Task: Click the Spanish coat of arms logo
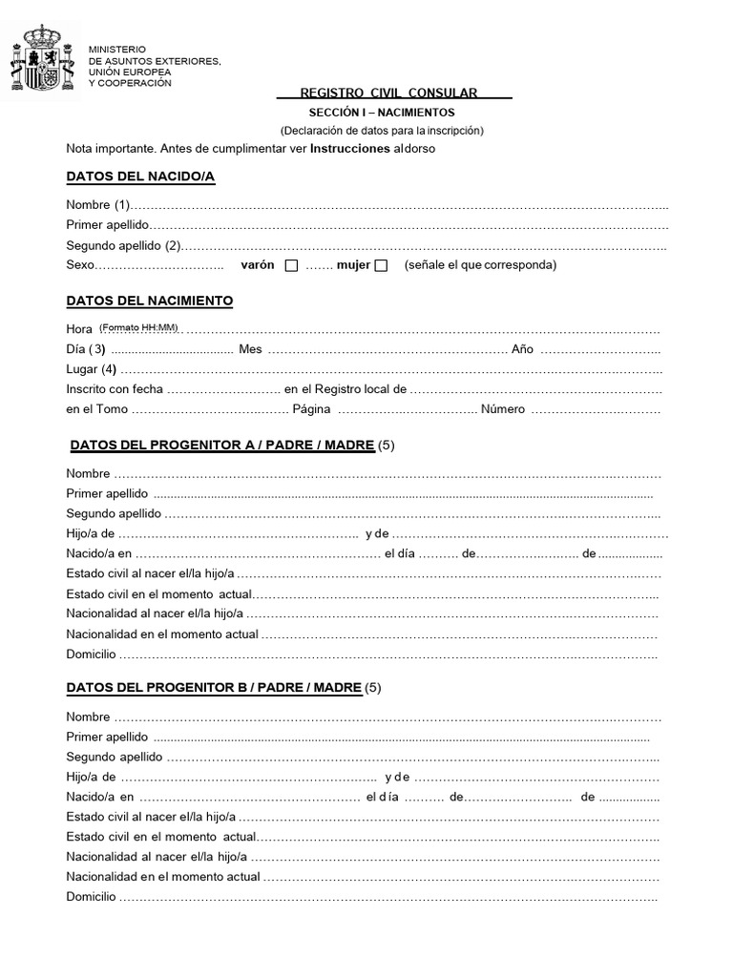[x=41, y=62]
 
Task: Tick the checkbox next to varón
[x=291, y=265]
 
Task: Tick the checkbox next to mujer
[x=381, y=265]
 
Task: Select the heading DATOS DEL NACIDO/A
[x=140, y=177]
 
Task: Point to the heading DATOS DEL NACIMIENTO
[x=150, y=301]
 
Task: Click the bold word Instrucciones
[x=350, y=149]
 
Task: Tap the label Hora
[x=79, y=329]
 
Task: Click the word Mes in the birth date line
[x=250, y=349]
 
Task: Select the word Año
[x=522, y=349]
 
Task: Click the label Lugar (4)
[x=92, y=369]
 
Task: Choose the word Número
[x=503, y=409]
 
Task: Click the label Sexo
[x=81, y=265]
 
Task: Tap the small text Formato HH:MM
[x=139, y=327]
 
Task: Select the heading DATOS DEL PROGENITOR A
[x=222, y=445]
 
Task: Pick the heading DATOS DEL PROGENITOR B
[x=214, y=687]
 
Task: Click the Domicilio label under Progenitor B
[x=91, y=897]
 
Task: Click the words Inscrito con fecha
[x=115, y=389]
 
